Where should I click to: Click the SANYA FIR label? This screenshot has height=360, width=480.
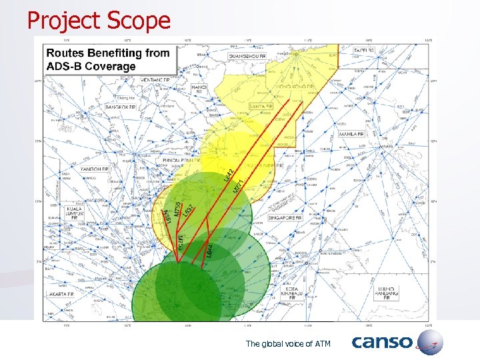point(259,106)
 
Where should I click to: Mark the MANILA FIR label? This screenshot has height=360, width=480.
point(351,134)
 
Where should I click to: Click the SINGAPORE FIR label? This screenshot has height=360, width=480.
point(286,217)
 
